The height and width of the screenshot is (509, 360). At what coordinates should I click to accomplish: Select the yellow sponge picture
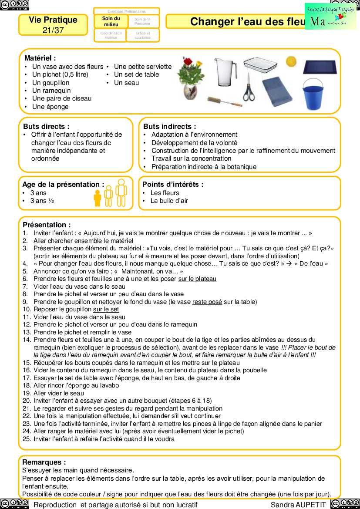click(x=291, y=61)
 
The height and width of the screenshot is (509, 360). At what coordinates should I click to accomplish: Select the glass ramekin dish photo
click(x=260, y=64)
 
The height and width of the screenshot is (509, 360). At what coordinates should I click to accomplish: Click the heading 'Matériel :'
click(x=40, y=58)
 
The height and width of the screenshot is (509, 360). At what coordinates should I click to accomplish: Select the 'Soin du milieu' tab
click(x=111, y=21)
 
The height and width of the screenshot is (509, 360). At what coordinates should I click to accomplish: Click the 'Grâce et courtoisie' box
click(x=142, y=35)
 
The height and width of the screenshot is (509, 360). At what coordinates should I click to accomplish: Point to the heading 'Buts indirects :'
click(x=170, y=127)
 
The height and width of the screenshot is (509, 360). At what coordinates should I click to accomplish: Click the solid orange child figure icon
click(x=98, y=198)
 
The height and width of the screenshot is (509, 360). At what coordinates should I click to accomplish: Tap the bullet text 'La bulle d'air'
click(x=169, y=201)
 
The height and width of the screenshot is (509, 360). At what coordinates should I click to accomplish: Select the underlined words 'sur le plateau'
click(x=197, y=279)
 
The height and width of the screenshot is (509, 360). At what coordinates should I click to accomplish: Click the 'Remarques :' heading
click(x=44, y=462)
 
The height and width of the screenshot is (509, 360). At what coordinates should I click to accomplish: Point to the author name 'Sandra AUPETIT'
click(x=298, y=505)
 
